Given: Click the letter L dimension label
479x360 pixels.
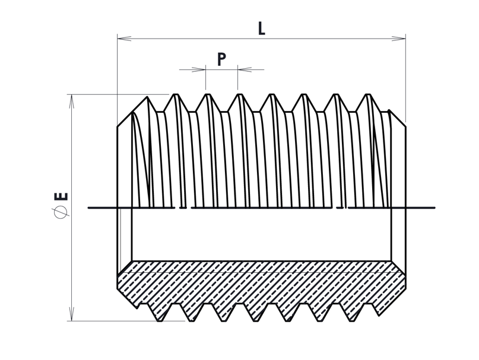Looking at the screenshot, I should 261,28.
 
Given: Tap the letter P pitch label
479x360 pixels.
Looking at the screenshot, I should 221,59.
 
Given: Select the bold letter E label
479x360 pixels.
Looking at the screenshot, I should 61,196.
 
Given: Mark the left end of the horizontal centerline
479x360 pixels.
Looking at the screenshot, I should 89,208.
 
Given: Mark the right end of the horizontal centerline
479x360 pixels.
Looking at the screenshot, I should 434,208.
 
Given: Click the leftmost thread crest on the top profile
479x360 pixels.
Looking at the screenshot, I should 147,97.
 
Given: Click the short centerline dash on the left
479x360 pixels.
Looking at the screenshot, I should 183,208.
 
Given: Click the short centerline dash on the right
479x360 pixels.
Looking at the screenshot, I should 340,208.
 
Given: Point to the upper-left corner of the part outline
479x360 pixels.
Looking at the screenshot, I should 118,127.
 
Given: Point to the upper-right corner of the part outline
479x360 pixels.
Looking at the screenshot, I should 405,127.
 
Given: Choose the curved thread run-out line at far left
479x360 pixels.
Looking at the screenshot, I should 137,154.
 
